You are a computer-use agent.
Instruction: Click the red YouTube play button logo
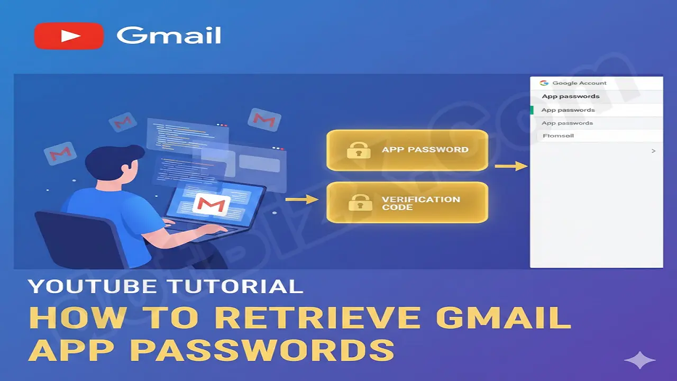coord(69,36)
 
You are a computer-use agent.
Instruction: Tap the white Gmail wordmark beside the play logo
coord(169,36)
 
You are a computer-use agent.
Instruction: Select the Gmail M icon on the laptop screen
coord(212,204)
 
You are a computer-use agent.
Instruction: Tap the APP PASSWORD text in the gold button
coord(425,150)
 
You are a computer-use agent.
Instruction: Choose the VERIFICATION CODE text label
coord(421,203)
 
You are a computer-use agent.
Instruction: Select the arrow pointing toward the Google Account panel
coord(511,166)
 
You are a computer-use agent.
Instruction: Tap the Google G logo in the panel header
coord(543,83)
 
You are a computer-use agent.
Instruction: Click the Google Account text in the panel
coord(579,83)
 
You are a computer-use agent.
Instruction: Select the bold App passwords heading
coord(571,96)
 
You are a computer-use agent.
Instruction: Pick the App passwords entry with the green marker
coord(568,110)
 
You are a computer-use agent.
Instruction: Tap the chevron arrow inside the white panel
coord(653,151)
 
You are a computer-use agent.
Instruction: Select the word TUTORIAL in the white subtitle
coord(235,286)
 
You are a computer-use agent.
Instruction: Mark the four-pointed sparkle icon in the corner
coord(640,361)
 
